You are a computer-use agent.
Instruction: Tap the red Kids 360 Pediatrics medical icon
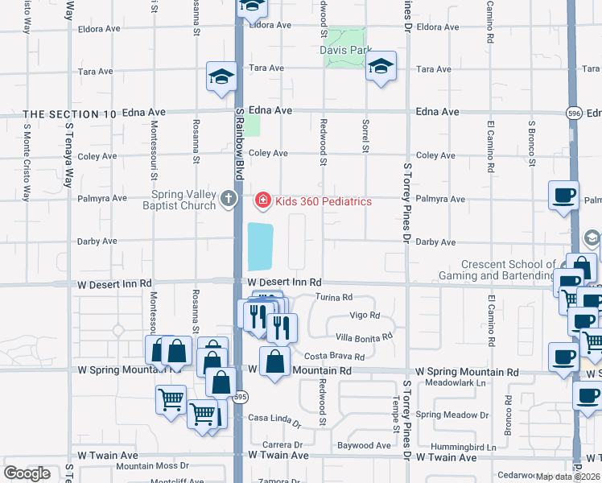tap(262, 199)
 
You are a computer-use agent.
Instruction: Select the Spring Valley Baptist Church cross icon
tap(229, 198)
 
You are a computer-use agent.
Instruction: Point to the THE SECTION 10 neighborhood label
tap(71, 114)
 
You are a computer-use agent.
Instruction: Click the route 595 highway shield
tap(242, 397)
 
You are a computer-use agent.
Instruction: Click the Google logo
tap(27, 473)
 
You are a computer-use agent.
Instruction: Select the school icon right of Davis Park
tap(381, 67)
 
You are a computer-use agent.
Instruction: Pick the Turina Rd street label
tap(335, 297)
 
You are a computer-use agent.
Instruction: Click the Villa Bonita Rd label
tap(364, 336)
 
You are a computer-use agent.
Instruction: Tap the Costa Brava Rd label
tap(335, 356)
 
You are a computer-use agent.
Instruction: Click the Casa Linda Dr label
tap(274, 419)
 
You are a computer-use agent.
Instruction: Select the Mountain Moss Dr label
tap(152, 465)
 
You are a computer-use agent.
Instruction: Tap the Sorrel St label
tap(365, 138)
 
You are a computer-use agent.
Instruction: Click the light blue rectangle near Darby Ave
tap(261, 246)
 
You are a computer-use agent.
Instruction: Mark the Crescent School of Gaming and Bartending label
tap(509, 270)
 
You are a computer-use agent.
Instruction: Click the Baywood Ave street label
tap(364, 445)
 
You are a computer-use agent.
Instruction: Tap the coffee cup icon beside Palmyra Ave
tap(563, 195)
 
